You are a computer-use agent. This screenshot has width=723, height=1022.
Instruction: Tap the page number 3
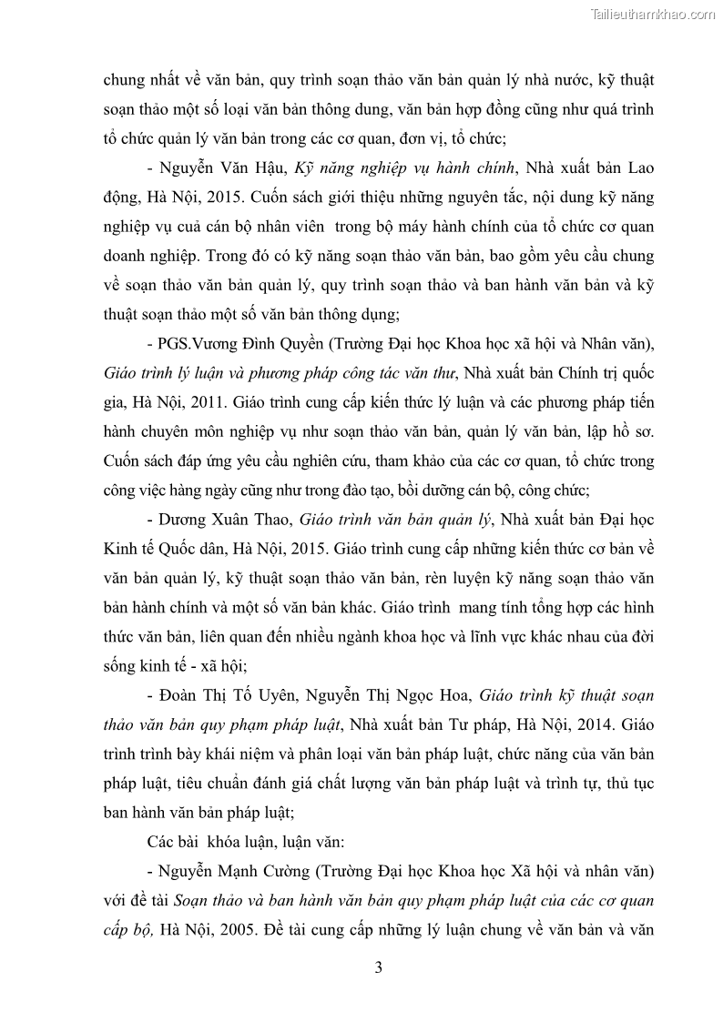click(379, 968)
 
